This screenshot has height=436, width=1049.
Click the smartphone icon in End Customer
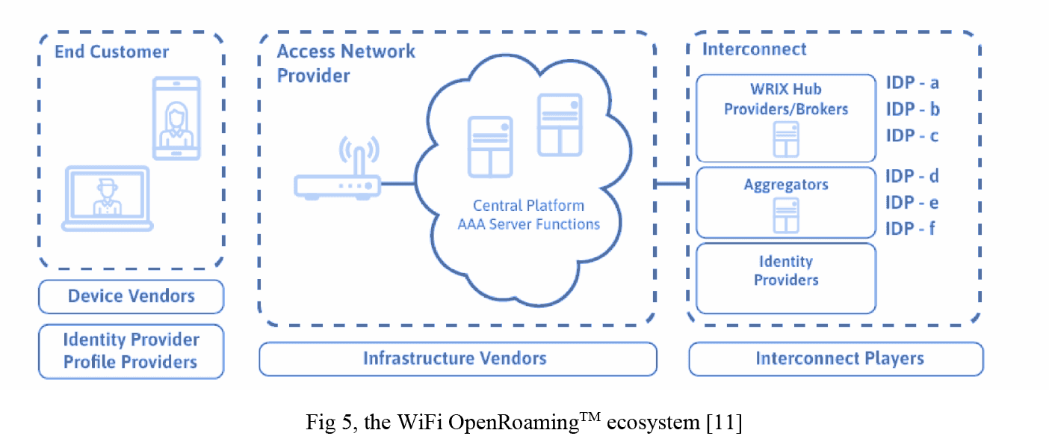tap(176, 117)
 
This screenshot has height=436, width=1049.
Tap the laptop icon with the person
tap(108, 198)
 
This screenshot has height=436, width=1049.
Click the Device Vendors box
tap(131, 296)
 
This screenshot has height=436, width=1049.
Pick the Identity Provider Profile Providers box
tap(131, 351)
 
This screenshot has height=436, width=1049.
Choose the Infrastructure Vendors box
tap(457, 358)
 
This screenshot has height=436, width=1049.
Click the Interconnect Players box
tap(835, 358)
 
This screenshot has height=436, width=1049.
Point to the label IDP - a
tap(912, 83)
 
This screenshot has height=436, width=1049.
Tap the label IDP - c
tap(912, 135)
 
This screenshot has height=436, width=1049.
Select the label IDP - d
tap(912, 176)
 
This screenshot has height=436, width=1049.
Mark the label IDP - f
tap(911, 229)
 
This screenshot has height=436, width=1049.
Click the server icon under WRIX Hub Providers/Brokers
tap(785, 138)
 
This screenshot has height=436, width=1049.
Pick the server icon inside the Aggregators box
tap(785, 215)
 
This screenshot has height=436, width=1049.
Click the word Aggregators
tap(785, 185)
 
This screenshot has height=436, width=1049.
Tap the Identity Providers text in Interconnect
tap(785, 271)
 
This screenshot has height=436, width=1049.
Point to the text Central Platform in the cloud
tap(529, 206)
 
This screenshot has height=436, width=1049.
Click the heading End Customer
tap(111, 52)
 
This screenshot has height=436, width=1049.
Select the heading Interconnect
tap(755, 50)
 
